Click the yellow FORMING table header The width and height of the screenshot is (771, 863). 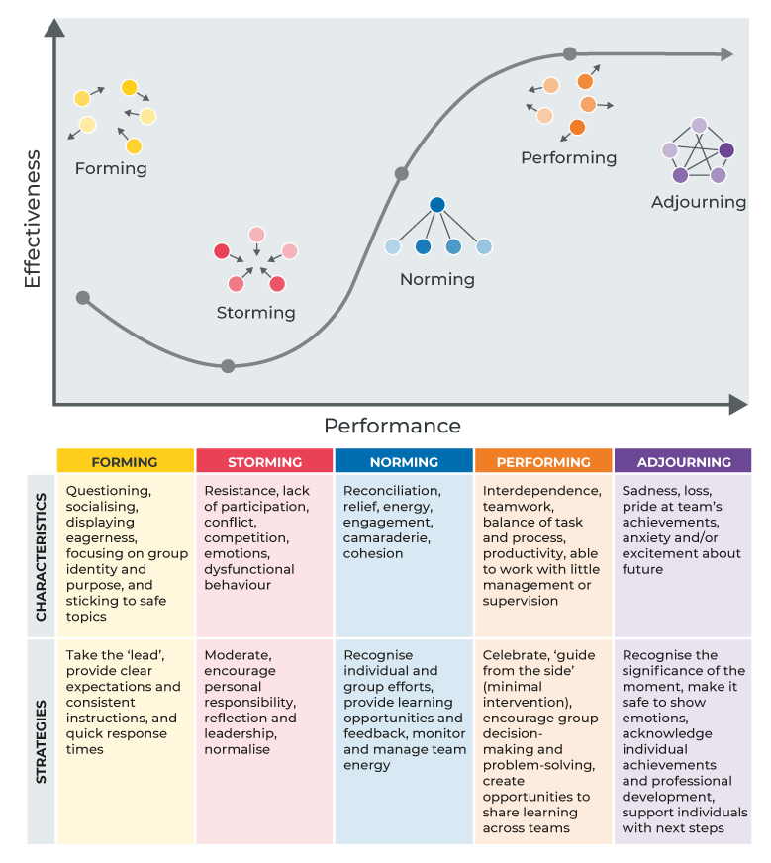coord(125,462)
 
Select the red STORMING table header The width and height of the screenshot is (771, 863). coord(264,462)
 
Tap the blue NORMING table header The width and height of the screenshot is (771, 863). coord(404,462)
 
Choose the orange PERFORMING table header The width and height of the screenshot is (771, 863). coord(543,462)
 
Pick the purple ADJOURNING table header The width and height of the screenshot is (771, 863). coord(683,462)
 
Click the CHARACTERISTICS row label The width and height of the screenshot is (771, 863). coord(41,554)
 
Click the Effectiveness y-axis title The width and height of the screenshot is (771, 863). coord(32,219)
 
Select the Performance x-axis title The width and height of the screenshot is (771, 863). coord(392,426)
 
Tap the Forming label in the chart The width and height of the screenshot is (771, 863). coord(111,168)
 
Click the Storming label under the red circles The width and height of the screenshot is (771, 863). coord(255,313)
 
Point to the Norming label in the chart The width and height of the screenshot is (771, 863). coord(436,279)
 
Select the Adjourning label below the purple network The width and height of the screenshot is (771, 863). coord(698,202)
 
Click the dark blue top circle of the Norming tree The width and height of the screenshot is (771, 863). coord(437,206)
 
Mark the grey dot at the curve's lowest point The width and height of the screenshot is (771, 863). coord(228,366)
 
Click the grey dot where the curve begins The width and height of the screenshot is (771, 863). coord(83,297)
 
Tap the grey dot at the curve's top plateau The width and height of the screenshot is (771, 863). coord(569,53)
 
